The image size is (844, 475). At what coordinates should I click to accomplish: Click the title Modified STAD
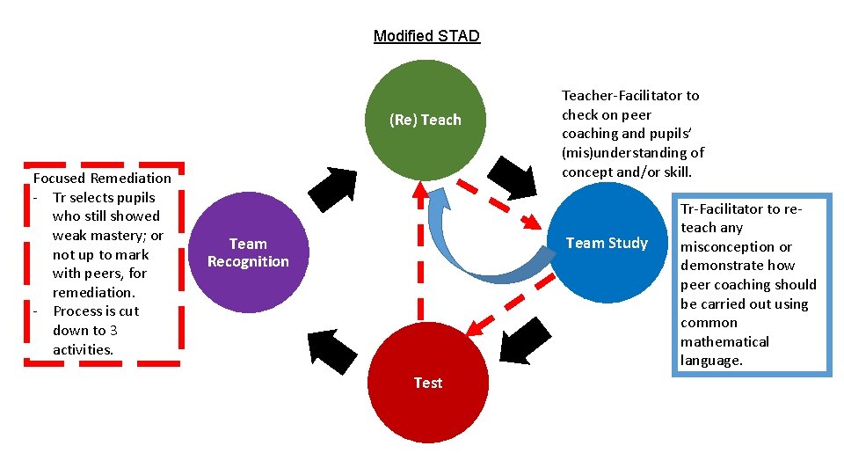tap(426, 36)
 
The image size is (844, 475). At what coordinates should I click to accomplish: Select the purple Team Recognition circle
tap(248, 252)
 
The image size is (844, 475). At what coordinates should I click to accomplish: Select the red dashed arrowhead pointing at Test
tap(475, 328)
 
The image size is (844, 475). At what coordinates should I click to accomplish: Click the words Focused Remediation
tap(102, 178)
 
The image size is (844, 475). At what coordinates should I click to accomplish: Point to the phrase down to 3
tap(85, 331)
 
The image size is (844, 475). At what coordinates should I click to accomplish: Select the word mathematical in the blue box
tap(724, 341)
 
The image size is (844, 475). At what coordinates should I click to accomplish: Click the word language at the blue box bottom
tap(711, 361)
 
